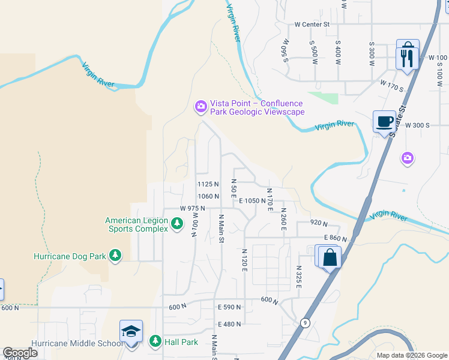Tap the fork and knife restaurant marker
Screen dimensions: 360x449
point(407,58)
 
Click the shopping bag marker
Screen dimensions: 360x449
point(330,258)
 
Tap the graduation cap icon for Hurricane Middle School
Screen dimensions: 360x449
point(131,332)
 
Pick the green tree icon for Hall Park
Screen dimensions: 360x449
point(155,341)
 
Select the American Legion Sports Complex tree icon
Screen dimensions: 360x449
point(176,224)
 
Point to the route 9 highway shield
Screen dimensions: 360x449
point(306,323)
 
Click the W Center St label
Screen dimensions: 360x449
point(312,25)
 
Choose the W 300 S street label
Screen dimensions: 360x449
point(417,125)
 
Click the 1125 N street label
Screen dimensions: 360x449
point(208,184)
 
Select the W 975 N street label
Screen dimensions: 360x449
point(193,208)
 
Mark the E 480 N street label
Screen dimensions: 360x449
point(229,324)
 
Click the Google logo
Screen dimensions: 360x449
point(20,353)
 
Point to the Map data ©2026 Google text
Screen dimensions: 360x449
point(411,355)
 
